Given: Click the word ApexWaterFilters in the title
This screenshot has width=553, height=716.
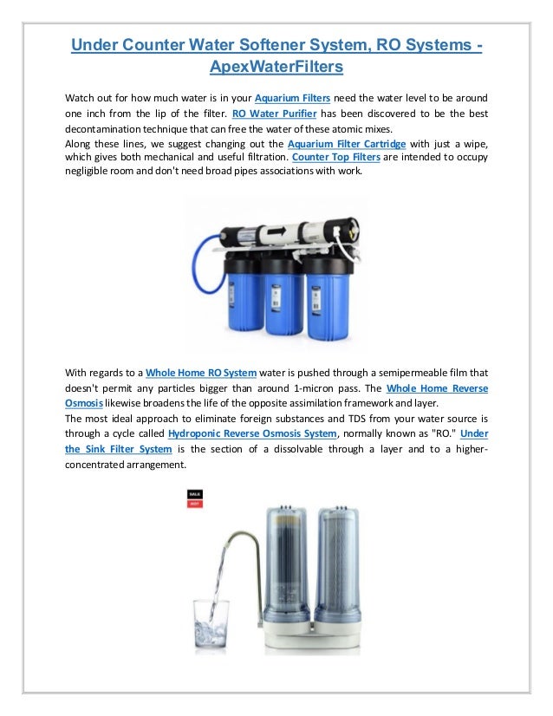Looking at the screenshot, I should click(276, 66).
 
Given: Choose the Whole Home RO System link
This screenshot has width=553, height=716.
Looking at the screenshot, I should click(200, 373).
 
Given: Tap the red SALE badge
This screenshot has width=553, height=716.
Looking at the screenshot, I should click(195, 494).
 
